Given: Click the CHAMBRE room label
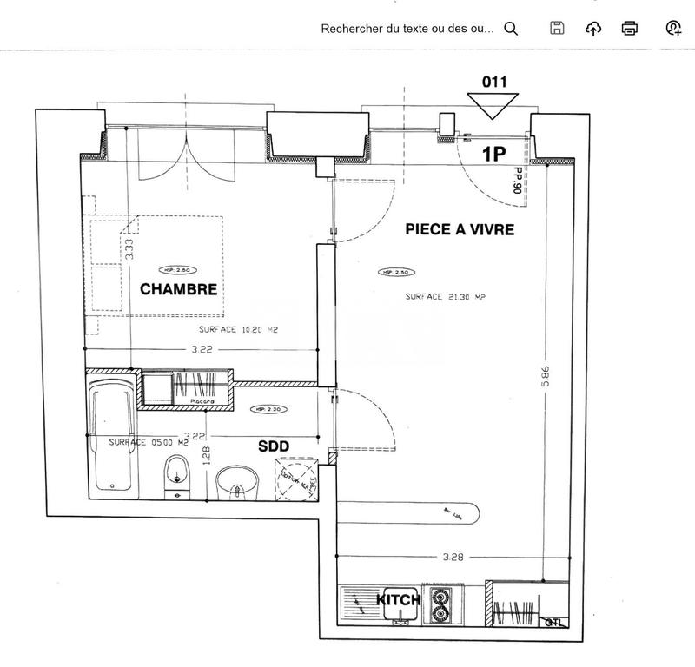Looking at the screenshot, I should coord(178,289).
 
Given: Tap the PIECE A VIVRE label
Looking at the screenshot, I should coord(460,230).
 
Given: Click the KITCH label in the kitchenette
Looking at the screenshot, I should coord(398,600).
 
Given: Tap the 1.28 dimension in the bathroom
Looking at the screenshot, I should coord(206,456).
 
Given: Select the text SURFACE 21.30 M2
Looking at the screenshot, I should coord(445,297).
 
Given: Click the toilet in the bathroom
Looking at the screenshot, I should coord(176,478).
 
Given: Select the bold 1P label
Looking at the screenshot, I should coord(494,154).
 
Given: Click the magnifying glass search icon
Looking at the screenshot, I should coord(511,29).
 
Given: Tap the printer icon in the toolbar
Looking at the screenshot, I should coord(630,29).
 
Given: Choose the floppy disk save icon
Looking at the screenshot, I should coord(558,29).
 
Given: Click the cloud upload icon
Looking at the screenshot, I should coord(593,29).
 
